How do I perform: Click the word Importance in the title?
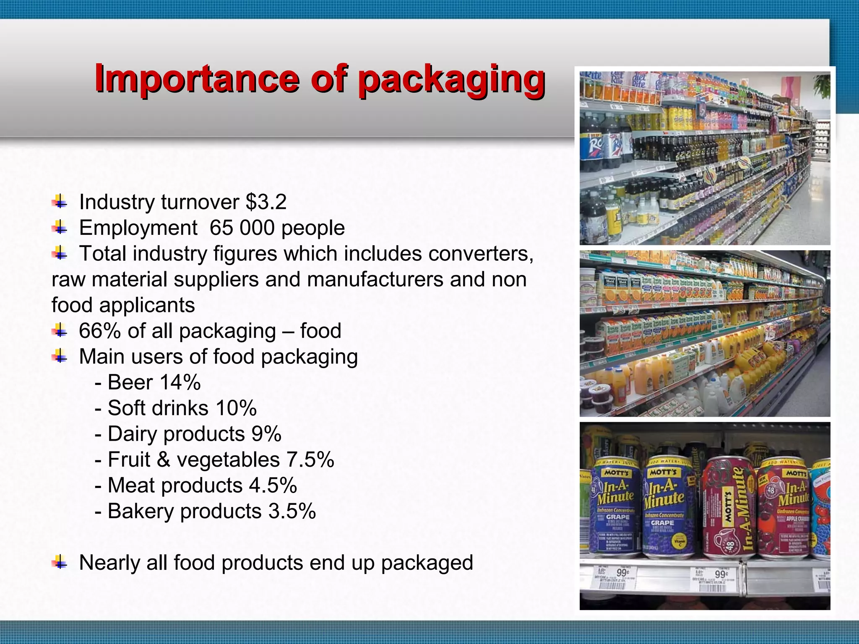pos(197,79)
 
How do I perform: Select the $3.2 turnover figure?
pos(266,202)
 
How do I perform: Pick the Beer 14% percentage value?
pos(180,382)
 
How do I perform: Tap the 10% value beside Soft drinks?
pos(236,408)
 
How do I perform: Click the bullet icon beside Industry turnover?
pos(60,202)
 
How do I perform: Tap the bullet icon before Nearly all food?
pos(60,563)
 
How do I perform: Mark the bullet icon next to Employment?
pos(60,228)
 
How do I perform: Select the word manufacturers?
pos(375,280)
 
